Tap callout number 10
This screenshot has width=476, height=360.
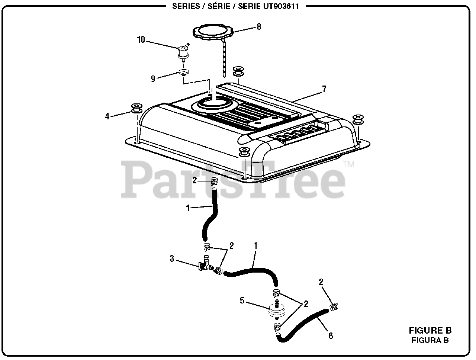[x=141, y=40]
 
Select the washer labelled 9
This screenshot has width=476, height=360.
[x=183, y=72]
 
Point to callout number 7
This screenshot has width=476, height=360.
[x=324, y=89]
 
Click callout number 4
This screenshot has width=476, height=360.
[x=107, y=116]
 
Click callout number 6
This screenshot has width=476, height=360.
[x=331, y=336]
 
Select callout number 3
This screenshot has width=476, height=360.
[x=172, y=258]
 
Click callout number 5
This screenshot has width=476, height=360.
[x=242, y=301]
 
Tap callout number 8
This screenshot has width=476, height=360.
[x=259, y=26]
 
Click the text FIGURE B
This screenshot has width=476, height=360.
[x=430, y=330]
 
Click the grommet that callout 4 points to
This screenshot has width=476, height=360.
[x=136, y=109]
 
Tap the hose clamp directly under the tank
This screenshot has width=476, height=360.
[x=214, y=182]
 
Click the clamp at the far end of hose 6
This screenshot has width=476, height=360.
[x=333, y=308]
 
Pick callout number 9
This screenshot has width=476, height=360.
[x=153, y=78]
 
